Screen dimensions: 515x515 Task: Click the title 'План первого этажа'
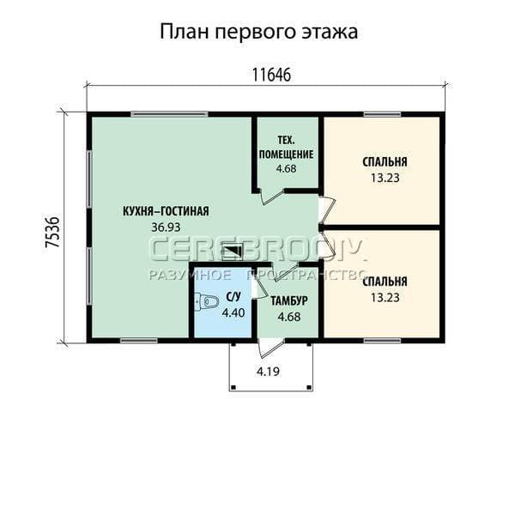pos(259,33)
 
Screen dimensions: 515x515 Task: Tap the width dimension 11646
pos(271,75)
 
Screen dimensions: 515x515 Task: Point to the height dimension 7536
pos(52,232)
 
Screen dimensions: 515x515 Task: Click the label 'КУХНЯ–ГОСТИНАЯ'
pos(166,211)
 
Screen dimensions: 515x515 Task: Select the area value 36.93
pos(166,227)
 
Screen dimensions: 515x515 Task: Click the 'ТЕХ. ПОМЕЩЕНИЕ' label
pos(286,148)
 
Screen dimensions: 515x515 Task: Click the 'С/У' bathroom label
pos(233,297)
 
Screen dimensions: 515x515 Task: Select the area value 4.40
pos(233,312)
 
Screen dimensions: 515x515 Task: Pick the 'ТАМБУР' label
pos(289,301)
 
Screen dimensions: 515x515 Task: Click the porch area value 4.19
pos(268,372)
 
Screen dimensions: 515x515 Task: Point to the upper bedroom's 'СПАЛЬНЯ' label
pos(385,162)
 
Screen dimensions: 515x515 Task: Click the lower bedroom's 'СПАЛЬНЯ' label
pos(385,282)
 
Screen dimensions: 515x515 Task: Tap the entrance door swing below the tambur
pos(270,348)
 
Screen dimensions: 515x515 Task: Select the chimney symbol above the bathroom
pos(233,251)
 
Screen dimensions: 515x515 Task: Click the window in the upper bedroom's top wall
pos(382,114)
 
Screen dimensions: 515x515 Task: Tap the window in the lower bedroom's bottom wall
pos(382,341)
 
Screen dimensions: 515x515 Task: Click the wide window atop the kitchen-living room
pos(169,114)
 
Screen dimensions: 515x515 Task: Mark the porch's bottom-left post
pos(233,387)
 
